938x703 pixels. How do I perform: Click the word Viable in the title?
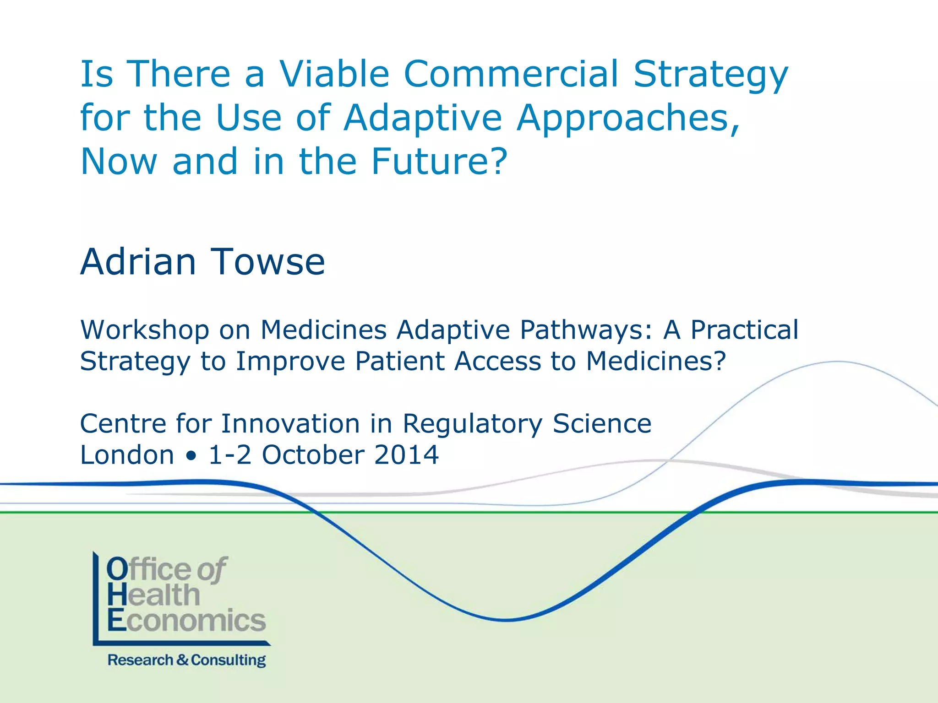pos(334,74)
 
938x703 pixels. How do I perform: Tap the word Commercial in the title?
pos(511,74)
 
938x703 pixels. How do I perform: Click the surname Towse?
pos(267,262)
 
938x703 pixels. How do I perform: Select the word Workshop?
pos(145,330)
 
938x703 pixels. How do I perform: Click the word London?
pos(127,455)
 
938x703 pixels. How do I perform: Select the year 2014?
pos(406,455)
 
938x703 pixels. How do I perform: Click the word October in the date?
pos(313,455)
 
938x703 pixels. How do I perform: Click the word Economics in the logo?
pos(186,621)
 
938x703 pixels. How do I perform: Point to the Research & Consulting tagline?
pos(186,660)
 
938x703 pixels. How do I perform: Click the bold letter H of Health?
pos(116,595)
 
